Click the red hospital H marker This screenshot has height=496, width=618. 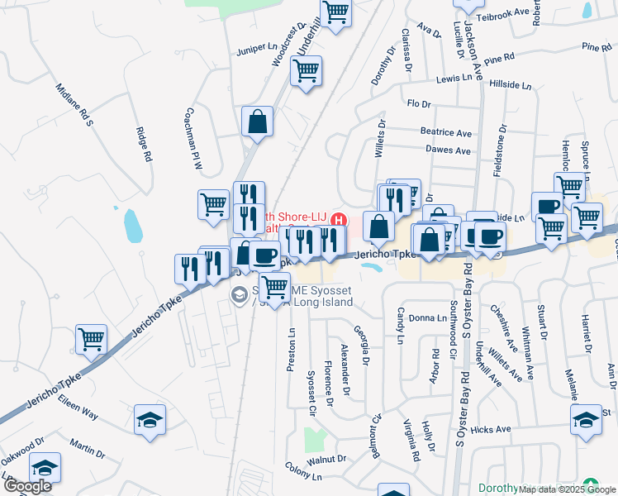(338, 219)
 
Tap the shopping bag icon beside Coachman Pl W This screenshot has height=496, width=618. (257, 122)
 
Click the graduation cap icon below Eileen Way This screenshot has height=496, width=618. (150, 419)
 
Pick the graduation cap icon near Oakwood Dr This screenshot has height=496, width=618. (45, 467)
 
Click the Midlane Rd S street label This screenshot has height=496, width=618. (75, 105)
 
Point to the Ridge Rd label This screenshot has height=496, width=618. (145, 144)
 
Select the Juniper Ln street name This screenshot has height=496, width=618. (257, 48)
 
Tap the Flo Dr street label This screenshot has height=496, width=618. (420, 103)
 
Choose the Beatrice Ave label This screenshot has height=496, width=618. (445, 132)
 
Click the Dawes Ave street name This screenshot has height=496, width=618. (448, 150)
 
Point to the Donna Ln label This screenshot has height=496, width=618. (427, 317)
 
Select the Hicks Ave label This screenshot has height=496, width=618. (491, 429)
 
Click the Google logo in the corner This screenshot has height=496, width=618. (28, 486)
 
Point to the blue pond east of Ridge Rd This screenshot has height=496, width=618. (131, 223)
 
